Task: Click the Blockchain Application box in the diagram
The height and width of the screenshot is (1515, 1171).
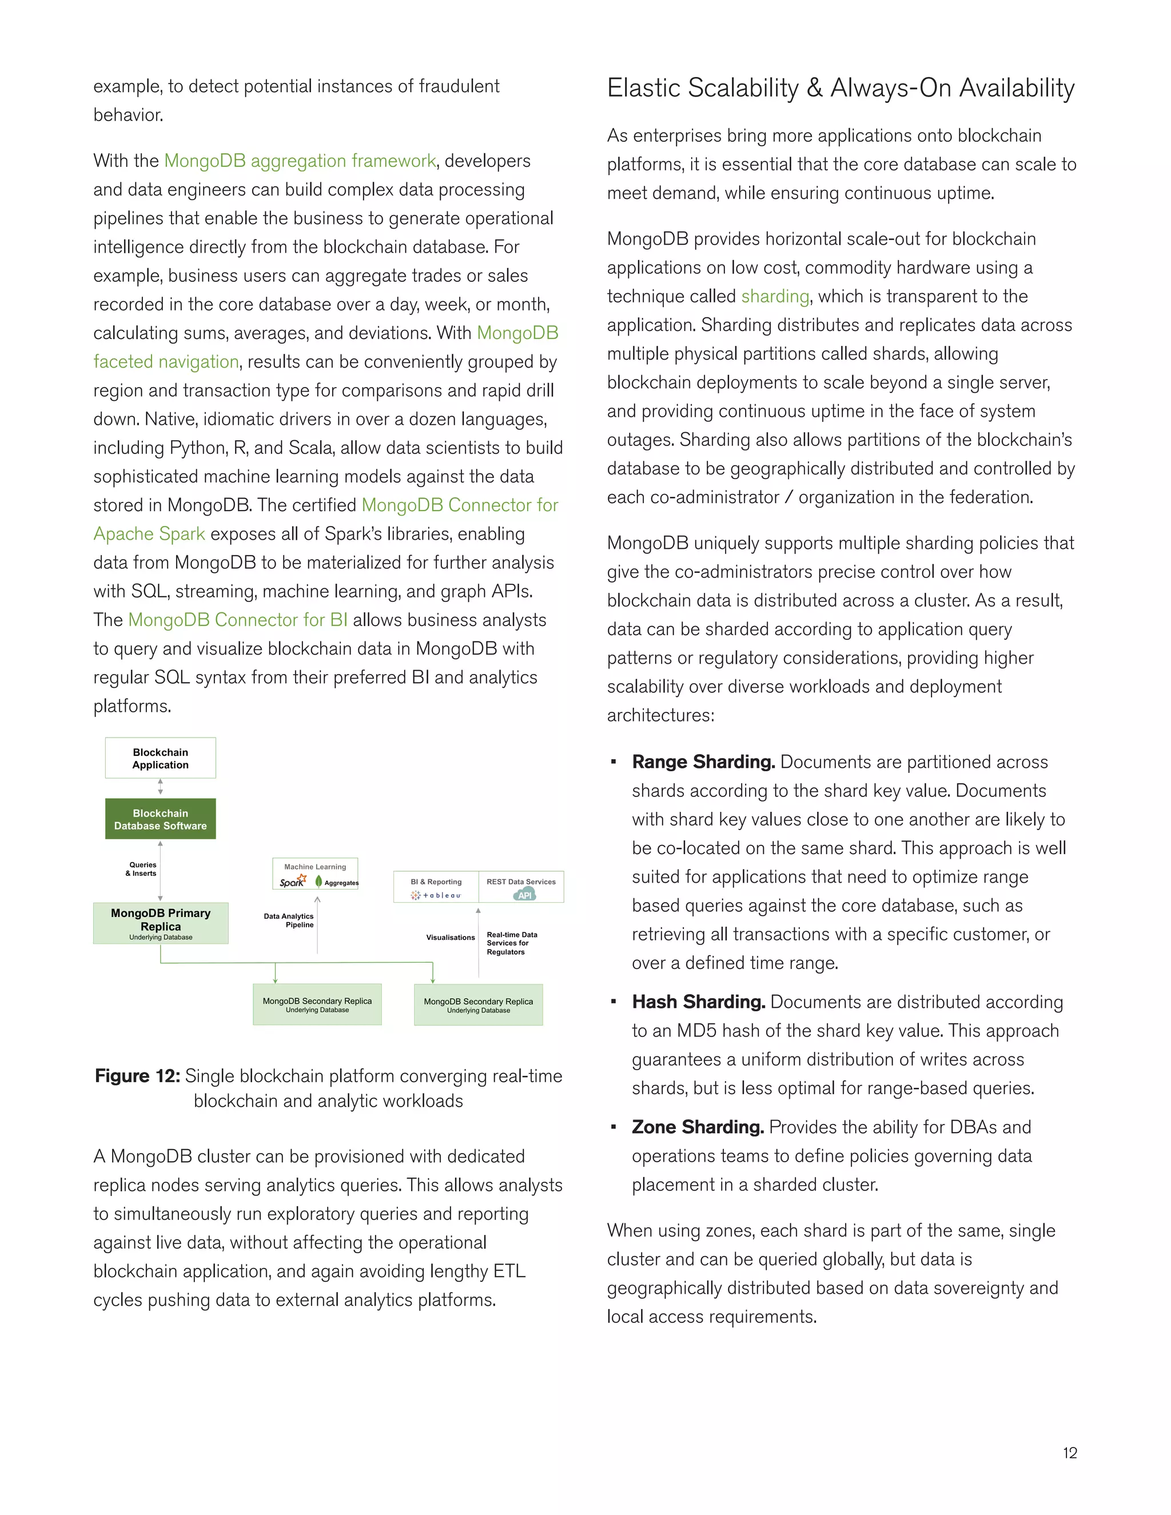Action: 160,758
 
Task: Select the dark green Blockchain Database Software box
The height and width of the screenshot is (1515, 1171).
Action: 160,819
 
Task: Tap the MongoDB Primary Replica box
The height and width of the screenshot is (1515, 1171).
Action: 160,923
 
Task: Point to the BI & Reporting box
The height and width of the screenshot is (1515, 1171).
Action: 436,887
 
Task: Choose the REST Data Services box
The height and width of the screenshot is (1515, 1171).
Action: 521,887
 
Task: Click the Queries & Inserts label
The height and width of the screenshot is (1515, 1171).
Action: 142,869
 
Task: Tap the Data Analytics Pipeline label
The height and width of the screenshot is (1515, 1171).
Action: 289,920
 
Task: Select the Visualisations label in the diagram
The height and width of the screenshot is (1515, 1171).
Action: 450,937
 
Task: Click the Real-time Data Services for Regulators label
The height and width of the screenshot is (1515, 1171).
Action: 511,943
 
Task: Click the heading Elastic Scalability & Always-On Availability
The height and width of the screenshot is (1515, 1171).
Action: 841,88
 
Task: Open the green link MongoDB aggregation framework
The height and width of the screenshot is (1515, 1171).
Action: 300,161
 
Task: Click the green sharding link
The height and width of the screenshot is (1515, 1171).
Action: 775,296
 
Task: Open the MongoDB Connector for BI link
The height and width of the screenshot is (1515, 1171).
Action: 238,620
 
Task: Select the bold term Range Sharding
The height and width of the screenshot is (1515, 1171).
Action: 703,762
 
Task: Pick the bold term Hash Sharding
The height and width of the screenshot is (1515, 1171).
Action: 698,1002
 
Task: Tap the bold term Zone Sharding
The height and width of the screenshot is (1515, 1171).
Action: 697,1127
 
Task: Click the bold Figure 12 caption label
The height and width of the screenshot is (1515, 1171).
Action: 137,1076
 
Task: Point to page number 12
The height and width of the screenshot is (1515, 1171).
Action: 1070,1453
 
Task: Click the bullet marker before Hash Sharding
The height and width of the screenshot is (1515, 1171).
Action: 614,1002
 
